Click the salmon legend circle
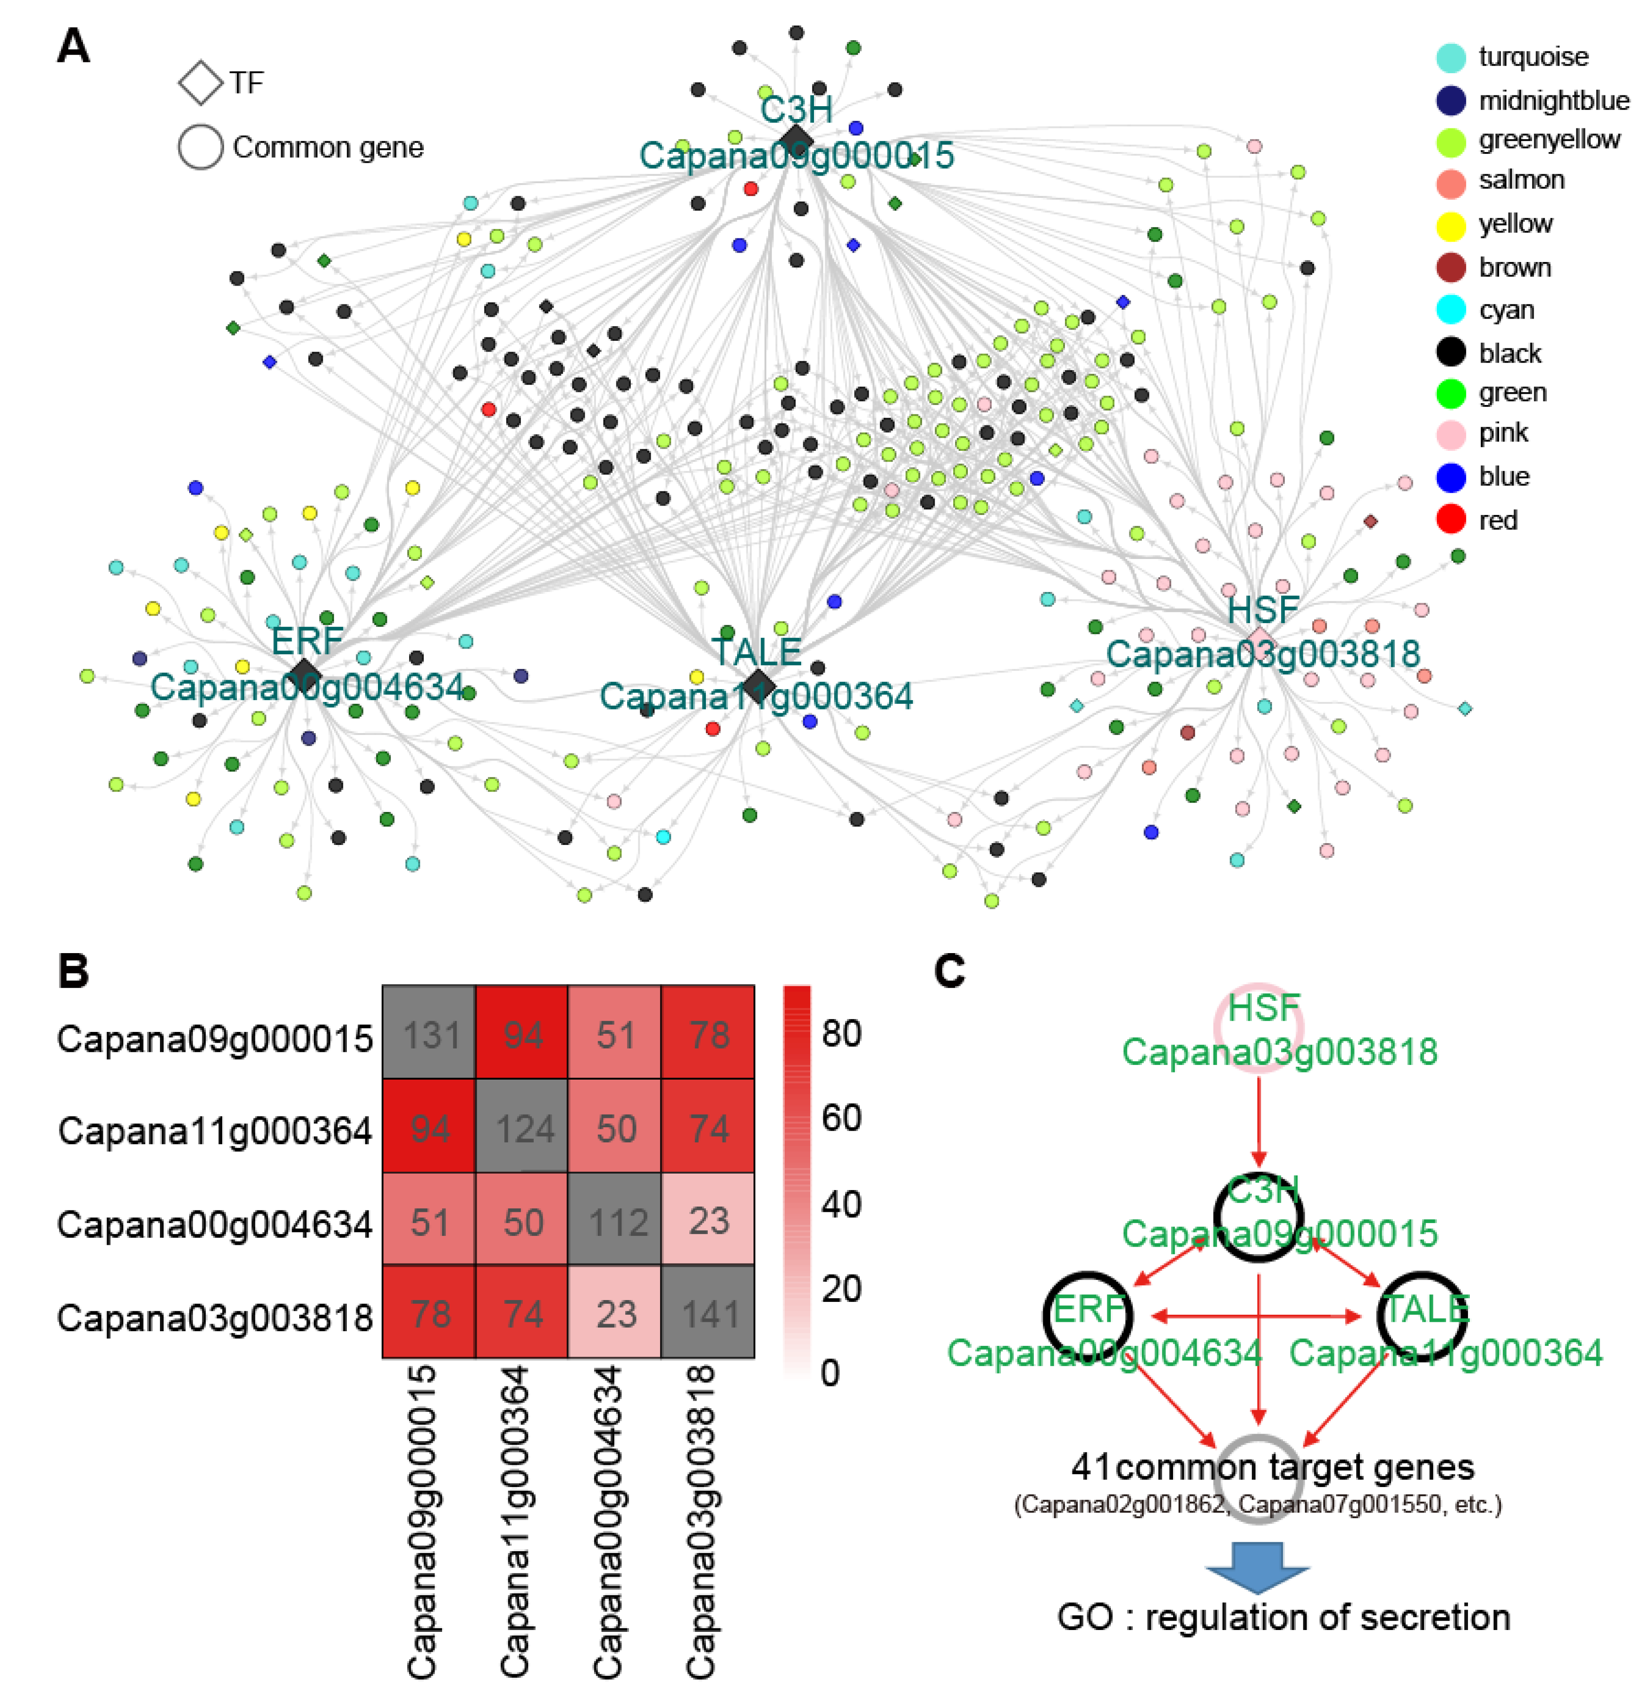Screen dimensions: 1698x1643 coord(1451,182)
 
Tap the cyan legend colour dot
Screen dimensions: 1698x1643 coord(1451,309)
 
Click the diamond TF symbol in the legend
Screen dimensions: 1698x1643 coord(201,83)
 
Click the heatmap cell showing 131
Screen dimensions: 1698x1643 coord(429,1033)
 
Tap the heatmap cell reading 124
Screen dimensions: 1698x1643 coord(523,1127)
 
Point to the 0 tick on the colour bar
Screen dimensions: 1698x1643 coord(830,1373)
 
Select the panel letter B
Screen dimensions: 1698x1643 coord(74,971)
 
